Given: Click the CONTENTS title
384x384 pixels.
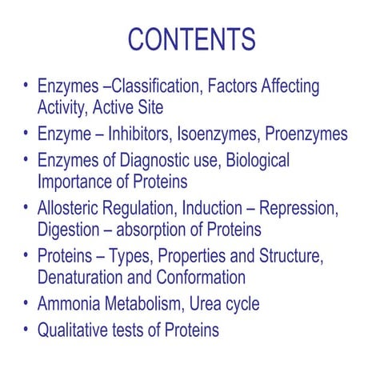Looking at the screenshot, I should tap(192, 39).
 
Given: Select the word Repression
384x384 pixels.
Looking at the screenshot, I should tap(296, 210).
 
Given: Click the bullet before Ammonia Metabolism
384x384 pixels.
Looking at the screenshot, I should tap(26, 303).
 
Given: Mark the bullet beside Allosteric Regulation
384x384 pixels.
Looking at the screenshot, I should tap(26, 209).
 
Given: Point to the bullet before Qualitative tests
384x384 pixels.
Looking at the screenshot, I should tap(26, 330).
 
